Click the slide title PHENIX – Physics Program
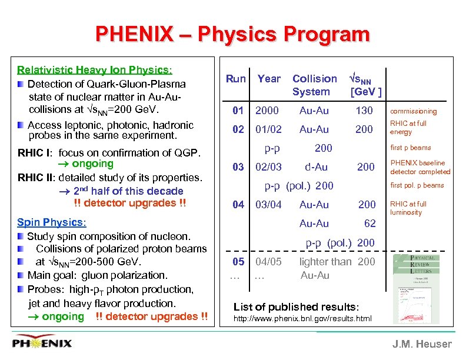pos(232,34)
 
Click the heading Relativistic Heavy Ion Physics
pos(94,70)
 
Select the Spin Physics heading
pos(52,222)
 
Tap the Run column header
pos(236,79)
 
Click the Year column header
pos(269,79)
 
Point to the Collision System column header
pos(314,85)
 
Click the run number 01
pos(238,111)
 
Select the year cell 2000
pos(267,111)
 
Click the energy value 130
pos(364,111)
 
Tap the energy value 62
pos(370,224)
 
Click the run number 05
pos(238,262)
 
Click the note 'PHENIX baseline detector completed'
pos(421,167)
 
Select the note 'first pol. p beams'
pos(417,185)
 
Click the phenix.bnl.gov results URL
pos(302,319)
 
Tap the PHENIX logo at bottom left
pos(43,343)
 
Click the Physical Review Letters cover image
pos(416,288)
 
